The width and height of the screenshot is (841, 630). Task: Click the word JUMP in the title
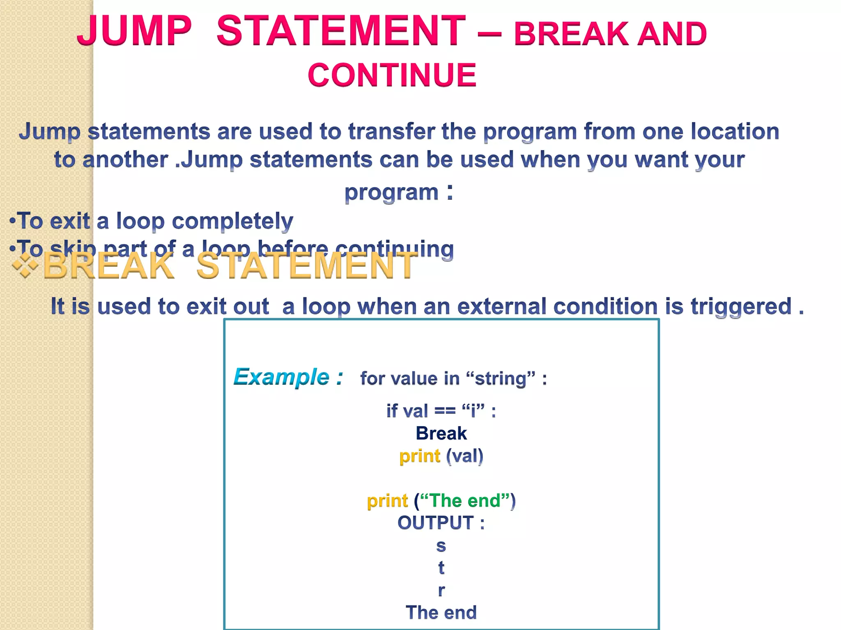pyautogui.click(x=134, y=31)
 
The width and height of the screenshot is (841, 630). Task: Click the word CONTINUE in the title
pyautogui.click(x=392, y=75)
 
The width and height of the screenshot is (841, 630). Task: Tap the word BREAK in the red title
pyautogui.click(x=571, y=34)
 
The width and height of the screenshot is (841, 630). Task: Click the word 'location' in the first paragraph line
pyautogui.click(x=735, y=132)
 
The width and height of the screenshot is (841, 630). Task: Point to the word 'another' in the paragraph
pyautogui.click(x=125, y=160)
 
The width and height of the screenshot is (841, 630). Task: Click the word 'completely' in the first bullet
pyautogui.click(x=232, y=221)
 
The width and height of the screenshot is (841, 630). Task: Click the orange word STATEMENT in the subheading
pyautogui.click(x=306, y=266)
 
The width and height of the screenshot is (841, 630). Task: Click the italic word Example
pyautogui.click(x=282, y=377)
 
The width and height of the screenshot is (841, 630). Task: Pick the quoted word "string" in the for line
pyautogui.click(x=501, y=378)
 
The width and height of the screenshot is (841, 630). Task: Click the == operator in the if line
pyautogui.click(x=445, y=411)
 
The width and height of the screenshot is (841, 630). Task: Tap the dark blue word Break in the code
pyautogui.click(x=441, y=434)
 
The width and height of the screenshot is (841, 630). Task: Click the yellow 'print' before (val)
pyautogui.click(x=419, y=456)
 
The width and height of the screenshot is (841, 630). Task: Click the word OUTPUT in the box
pyautogui.click(x=435, y=523)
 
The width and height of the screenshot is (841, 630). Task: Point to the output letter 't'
pyautogui.click(x=441, y=568)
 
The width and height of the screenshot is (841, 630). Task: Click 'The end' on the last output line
pyautogui.click(x=441, y=612)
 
